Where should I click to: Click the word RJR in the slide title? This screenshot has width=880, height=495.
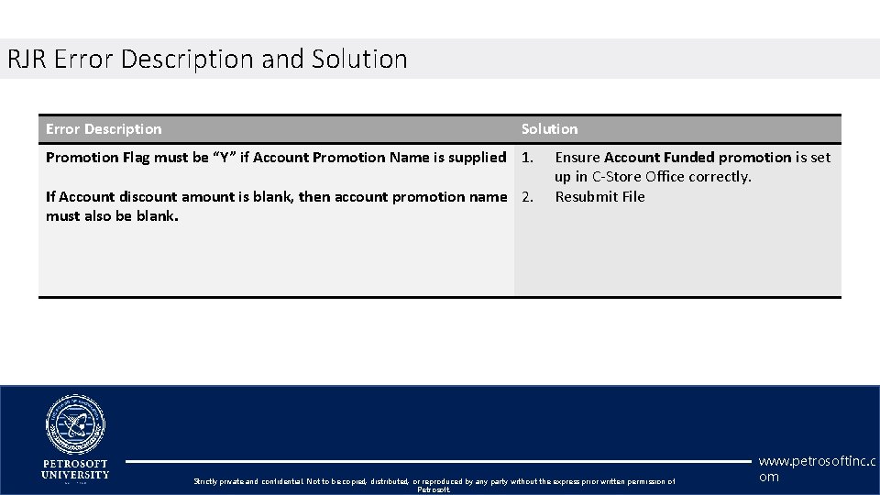[x=27, y=60]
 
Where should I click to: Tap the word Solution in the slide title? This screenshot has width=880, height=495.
[x=359, y=60]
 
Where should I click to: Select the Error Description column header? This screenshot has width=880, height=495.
[x=104, y=129]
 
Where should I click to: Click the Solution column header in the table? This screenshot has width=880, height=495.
[x=549, y=129]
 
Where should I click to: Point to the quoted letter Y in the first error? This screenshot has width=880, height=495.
[x=223, y=158]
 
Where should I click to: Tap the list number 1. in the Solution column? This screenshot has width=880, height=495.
[x=528, y=158]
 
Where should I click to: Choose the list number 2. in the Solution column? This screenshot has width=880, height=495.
[x=528, y=197]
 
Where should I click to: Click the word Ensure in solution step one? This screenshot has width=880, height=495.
[x=577, y=158]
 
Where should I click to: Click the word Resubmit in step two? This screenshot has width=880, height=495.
[x=586, y=197]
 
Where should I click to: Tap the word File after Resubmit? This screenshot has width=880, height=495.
[x=632, y=197]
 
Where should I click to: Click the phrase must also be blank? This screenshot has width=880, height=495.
[x=112, y=216]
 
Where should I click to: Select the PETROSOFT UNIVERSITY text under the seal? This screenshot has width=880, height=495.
[x=75, y=469]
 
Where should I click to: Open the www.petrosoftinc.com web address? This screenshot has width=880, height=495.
[x=817, y=468]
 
